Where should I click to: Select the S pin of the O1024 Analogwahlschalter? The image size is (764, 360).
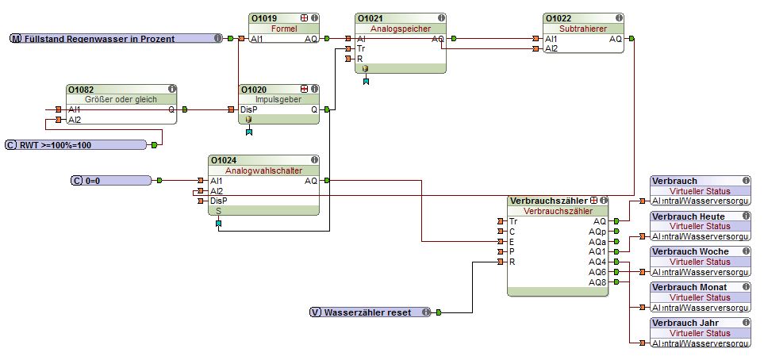coord(219,211)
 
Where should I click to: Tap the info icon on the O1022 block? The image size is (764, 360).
coord(618,17)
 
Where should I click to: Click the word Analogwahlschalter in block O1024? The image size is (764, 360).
coord(264,170)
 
